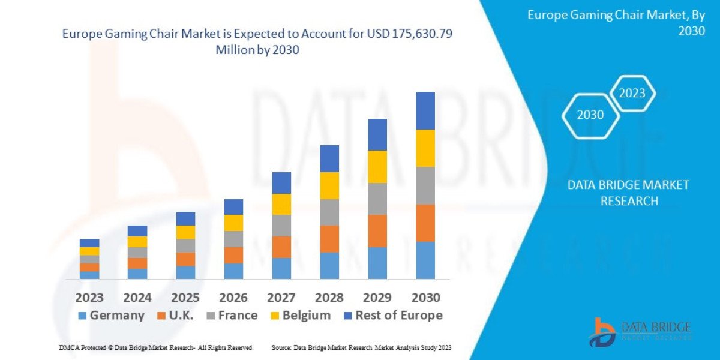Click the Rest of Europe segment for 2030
pos(425,110)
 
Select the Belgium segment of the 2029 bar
pos(377,167)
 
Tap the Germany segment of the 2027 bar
pos(281,268)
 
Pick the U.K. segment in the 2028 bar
pos(329,239)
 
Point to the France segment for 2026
pos(233,239)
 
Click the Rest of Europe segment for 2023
pos(89,243)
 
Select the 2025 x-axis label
pos(185,298)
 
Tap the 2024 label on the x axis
pos(137,298)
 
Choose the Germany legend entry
pos(112,316)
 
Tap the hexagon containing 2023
pos(632,93)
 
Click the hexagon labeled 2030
pos(590,115)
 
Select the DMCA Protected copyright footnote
pos(156,348)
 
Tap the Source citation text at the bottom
pos(361,348)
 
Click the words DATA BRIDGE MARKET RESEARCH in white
pos(628,193)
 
